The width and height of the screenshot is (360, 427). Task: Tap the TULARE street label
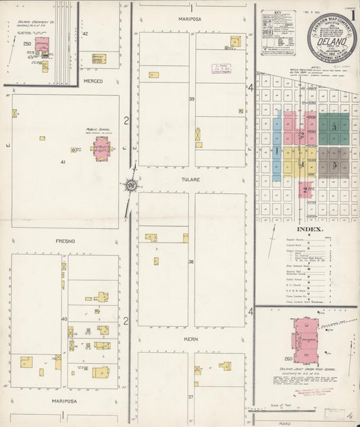190,182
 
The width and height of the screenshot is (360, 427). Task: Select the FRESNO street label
56,241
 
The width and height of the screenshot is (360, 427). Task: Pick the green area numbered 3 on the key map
334,127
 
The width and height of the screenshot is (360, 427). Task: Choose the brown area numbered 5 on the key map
334,165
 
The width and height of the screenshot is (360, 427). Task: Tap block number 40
65,318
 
